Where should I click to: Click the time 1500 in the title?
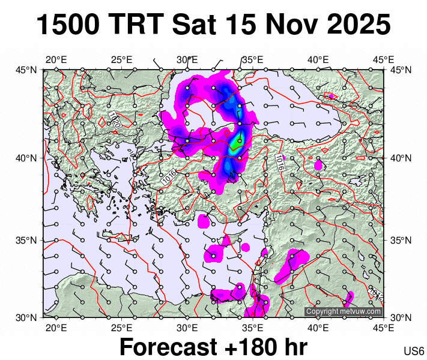(x=68, y=25)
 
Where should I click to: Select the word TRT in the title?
(x=136, y=25)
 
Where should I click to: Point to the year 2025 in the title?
(x=357, y=25)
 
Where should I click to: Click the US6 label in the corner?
(x=414, y=351)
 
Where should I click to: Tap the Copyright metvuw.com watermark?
(x=344, y=311)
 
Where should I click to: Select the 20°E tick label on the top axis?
(x=56, y=59)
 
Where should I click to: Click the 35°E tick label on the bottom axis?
(x=253, y=328)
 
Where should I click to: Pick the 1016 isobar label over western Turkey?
(x=169, y=177)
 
